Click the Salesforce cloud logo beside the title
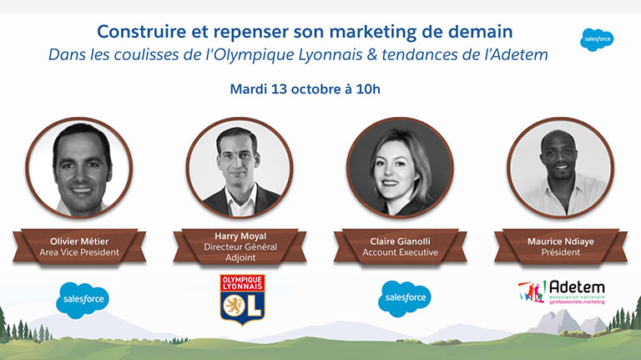coord(597,40)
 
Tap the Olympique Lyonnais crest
coord(242,300)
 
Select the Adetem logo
coord(562,292)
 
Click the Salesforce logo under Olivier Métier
coord(83,300)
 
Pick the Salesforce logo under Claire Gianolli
coord(405,299)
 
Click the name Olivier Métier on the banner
coord(79,241)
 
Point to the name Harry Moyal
coord(240,236)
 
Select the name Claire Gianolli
coord(401,241)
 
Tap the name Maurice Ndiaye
coord(561,241)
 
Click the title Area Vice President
coord(79,252)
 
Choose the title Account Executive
coord(401,252)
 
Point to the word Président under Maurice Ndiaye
coord(561,252)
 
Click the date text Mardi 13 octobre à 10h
coord(305,89)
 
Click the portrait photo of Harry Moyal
coord(240,167)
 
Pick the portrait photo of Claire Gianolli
coord(401,167)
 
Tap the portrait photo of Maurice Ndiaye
coord(561,167)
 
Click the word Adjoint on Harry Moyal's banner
coord(240,258)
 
